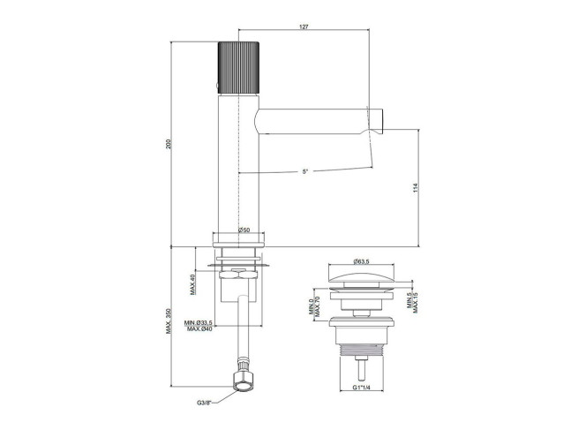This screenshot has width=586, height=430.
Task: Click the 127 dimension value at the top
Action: [x=304, y=26]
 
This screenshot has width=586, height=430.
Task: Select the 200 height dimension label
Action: [x=169, y=144]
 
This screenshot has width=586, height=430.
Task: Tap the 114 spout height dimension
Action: [x=416, y=188]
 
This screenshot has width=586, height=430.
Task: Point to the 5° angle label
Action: [x=305, y=171]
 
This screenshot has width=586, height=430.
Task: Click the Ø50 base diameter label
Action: [x=244, y=230]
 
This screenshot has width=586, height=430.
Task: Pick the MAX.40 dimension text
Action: [x=193, y=284]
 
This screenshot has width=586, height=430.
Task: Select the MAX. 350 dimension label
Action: [x=169, y=321]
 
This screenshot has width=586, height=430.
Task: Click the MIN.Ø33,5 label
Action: [x=198, y=322]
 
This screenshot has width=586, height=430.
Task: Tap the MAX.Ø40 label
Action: [x=199, y=328]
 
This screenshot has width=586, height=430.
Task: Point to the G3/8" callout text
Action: [x=205, y=403]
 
